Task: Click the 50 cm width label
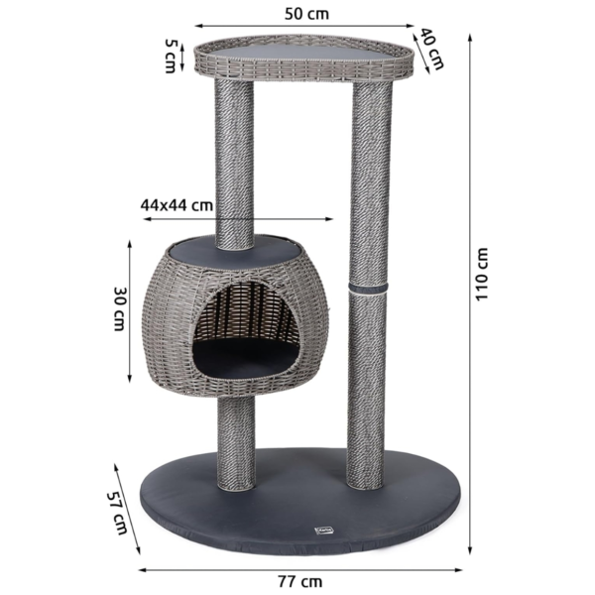[306, 14]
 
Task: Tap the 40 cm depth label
[432, 49]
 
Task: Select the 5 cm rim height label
[170, 56]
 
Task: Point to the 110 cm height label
[482, 275]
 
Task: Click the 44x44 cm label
[177, 205]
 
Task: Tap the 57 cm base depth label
[117, 513]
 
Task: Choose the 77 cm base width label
[299, 581]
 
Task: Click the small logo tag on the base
[318, 530]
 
